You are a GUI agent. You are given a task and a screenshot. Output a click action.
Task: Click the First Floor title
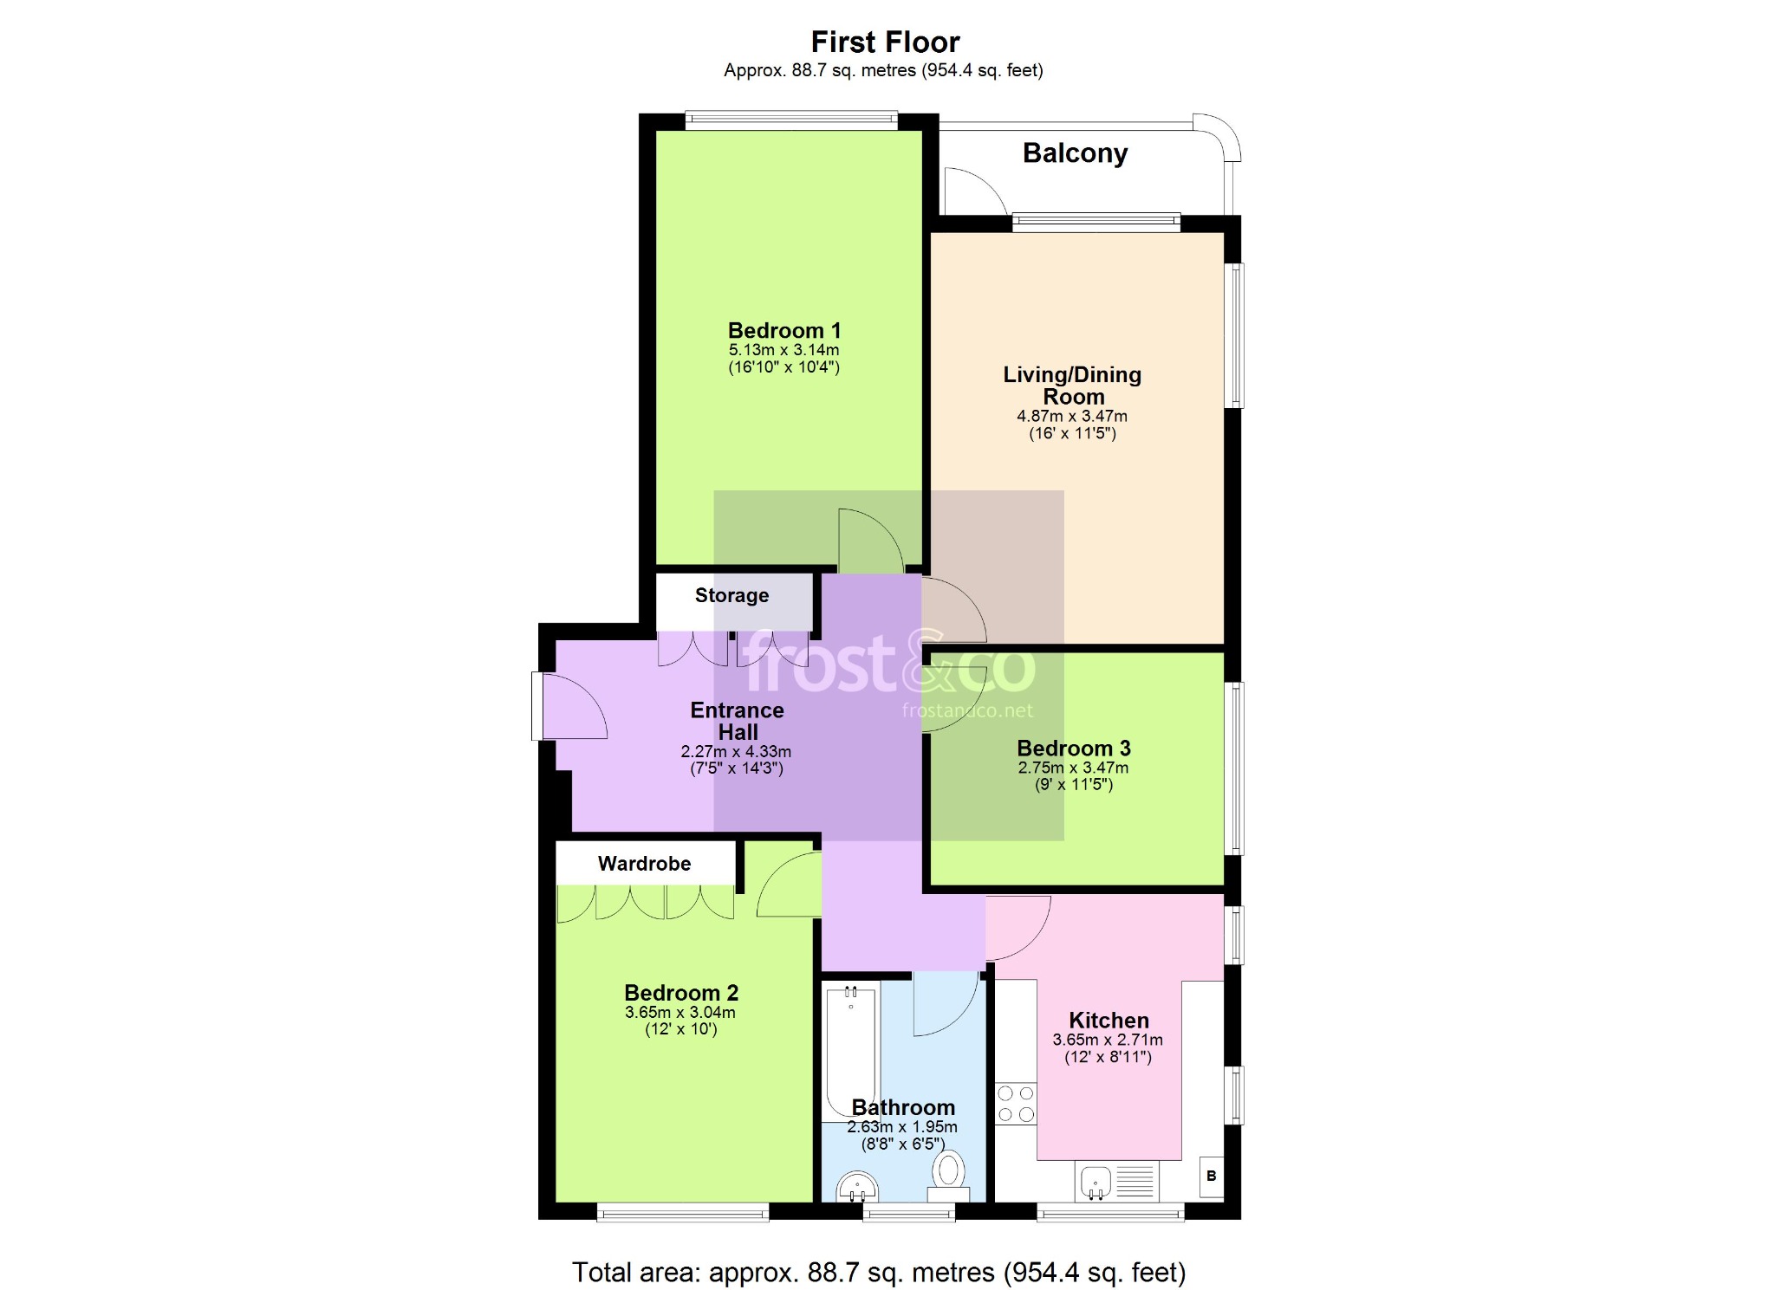(x=885, y=42)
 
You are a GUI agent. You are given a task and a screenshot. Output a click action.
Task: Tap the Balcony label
(x=1075, y=153)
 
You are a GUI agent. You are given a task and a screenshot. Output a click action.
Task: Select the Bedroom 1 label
(x=784, y=330)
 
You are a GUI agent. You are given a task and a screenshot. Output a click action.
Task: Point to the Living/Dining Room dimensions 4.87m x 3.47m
(x=1072, y=416)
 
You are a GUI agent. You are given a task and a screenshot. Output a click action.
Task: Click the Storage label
(x=731, y=595)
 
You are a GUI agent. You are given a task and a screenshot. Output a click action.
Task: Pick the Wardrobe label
(x=644, y=864)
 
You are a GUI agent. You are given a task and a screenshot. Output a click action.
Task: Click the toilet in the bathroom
(x=949, y=1176)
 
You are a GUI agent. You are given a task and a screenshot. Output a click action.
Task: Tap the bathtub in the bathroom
(x=850, y=1052)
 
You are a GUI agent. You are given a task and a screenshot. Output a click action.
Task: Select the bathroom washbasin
(x=857, y=1188)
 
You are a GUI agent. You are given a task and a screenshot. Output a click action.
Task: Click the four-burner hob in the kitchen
(x=1016, y=1104)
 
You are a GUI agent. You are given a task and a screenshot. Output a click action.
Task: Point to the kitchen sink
(x=1096, y=1182)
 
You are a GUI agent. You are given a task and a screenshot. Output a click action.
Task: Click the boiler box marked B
(x=1212, y=1177)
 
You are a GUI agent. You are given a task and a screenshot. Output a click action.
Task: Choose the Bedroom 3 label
(x=1074, y=748)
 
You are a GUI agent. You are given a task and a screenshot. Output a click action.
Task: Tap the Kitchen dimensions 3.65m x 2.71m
(x=1108, y=1040)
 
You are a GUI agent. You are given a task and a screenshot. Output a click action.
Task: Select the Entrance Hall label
(x=738, y=721)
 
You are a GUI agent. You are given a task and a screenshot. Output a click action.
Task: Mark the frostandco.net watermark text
(x=967, y=711)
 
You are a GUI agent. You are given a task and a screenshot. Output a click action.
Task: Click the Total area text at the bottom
(x=879, y=1272)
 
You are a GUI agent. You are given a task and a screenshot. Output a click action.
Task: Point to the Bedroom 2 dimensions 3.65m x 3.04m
(x=680, y=1012)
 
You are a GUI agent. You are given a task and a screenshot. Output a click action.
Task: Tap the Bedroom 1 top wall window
(x=791, y=120)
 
